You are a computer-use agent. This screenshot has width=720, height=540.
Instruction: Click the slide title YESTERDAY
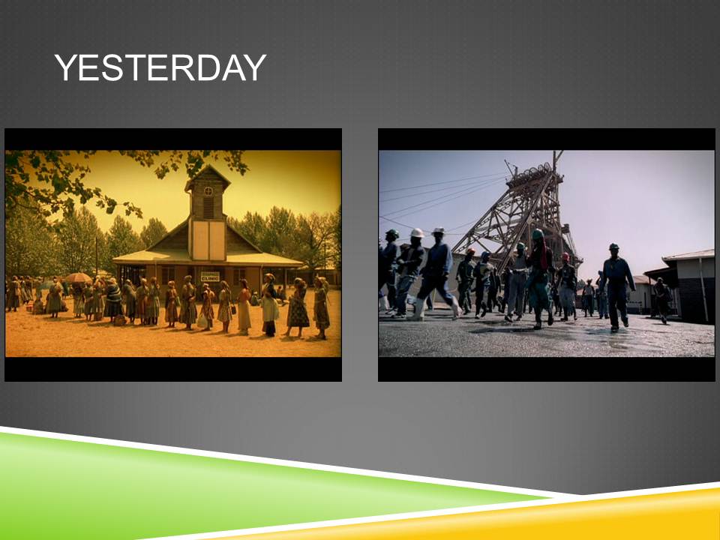tap(160, 67)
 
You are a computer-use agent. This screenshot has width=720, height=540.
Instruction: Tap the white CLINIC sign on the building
tap(210, 277)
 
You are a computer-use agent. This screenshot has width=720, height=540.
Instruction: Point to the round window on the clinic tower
tap(208, 190)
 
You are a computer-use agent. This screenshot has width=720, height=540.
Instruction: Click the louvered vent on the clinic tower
tap(208, 208)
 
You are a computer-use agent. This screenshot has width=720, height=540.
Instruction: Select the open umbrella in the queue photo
tap(78, 277)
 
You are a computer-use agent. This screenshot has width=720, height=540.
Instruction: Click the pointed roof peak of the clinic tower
tap(208, 166)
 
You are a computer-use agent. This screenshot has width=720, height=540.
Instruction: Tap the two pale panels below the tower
tap(208, 240)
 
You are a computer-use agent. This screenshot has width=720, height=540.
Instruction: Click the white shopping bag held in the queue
tap(202, 320)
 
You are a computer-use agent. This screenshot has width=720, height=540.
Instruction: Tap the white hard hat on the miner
tap(417, 232)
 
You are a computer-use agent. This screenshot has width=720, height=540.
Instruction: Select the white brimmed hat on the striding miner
tap(439, 231)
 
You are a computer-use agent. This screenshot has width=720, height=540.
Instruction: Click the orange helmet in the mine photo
tap(470, 252)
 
